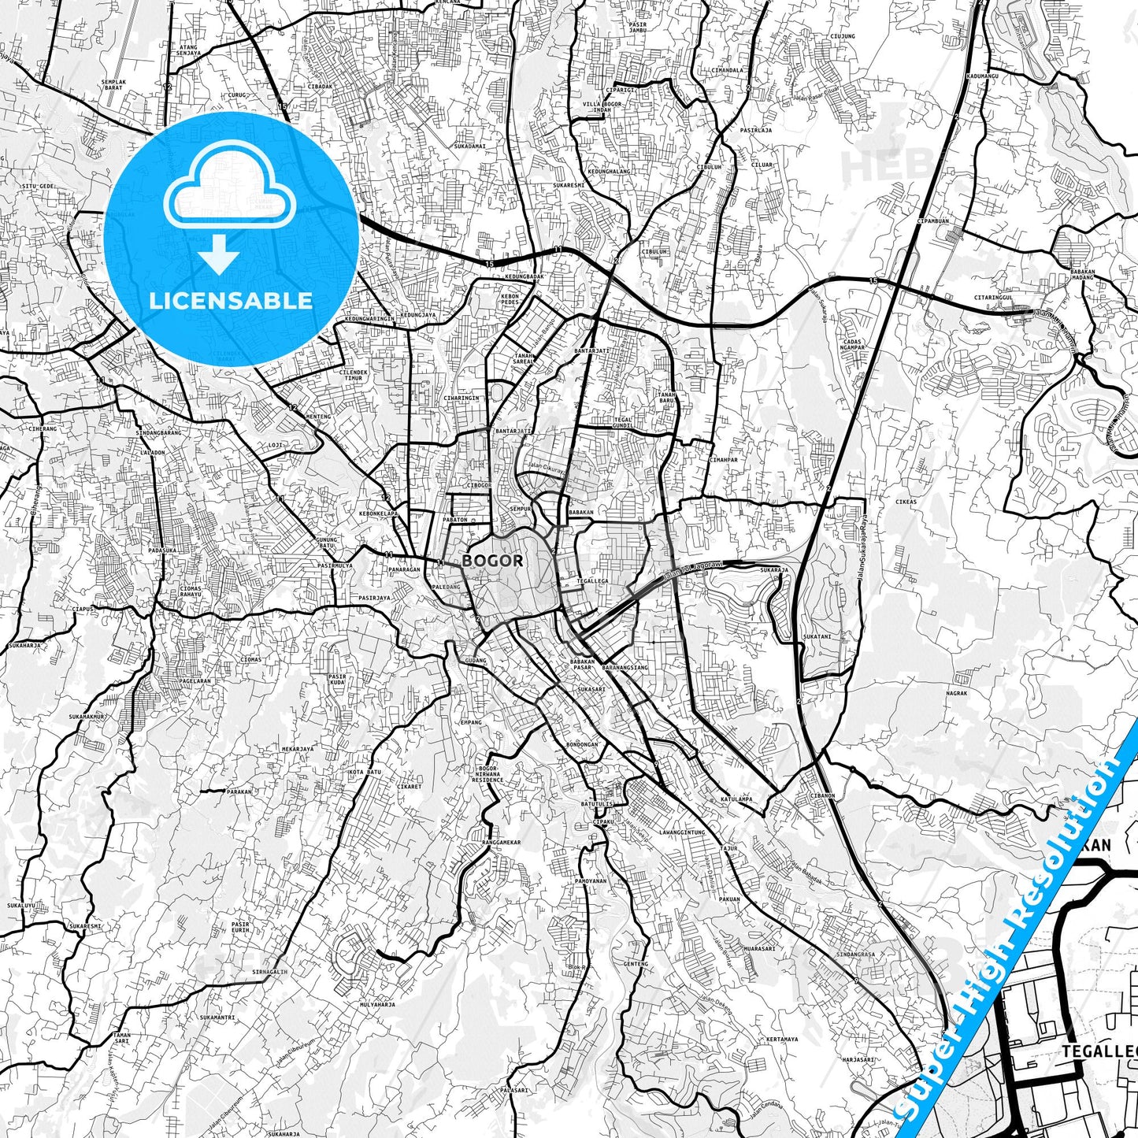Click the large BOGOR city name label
492,561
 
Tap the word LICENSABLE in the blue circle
231,300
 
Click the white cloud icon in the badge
229,196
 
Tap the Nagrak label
956,693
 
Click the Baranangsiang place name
624,667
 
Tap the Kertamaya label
783,1040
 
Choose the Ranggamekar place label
501,842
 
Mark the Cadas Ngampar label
852,343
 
